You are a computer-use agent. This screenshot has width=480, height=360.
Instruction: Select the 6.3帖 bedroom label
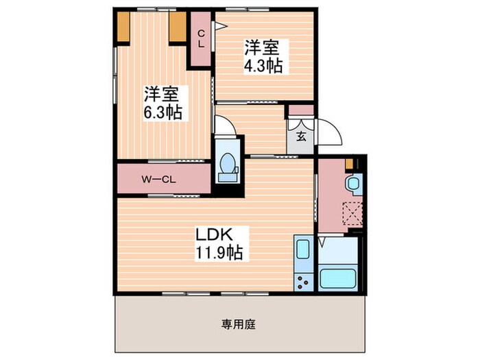(162, 103)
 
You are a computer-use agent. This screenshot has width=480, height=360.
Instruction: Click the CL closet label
(201, 38)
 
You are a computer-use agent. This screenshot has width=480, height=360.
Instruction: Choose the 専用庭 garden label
(239, 324)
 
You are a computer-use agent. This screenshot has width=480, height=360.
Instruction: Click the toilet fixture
(228, 165)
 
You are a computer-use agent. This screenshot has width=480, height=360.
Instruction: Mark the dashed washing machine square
(352, 214)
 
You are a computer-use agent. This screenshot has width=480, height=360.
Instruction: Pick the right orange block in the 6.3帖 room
(177, 27)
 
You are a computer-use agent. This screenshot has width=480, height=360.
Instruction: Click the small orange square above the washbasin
(350, 164)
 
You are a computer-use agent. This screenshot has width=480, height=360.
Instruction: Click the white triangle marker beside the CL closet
(219, 27)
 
